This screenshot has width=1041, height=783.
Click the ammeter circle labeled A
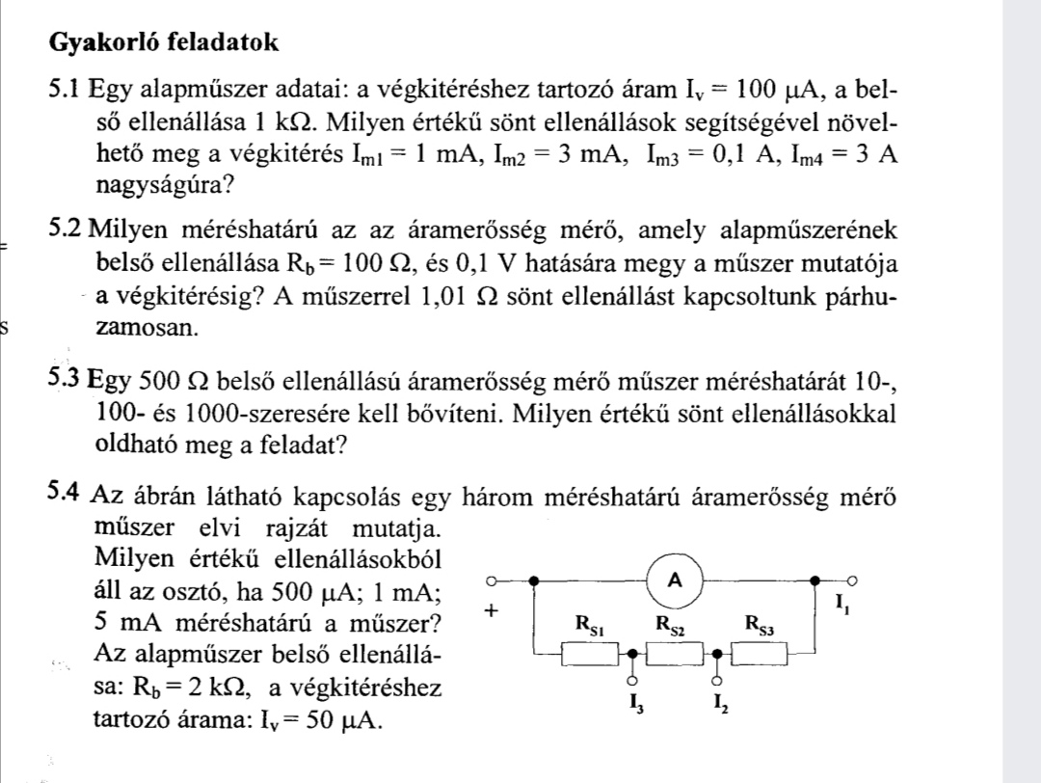click(x=675, y=580)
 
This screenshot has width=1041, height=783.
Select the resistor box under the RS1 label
click(x=590, y=655)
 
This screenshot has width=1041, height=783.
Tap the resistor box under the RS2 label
click(x=676, y=655)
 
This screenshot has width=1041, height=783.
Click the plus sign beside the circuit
click(x=493, y=611)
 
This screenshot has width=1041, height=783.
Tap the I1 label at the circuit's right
click(x=843, y=606)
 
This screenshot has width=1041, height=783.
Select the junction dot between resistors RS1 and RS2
click(x=633, y=654)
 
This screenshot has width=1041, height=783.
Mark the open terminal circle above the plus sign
click(x=492, y=582)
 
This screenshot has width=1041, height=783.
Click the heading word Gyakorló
click(x=105, y=42)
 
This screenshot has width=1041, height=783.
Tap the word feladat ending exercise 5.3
click(x=307, y=445)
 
